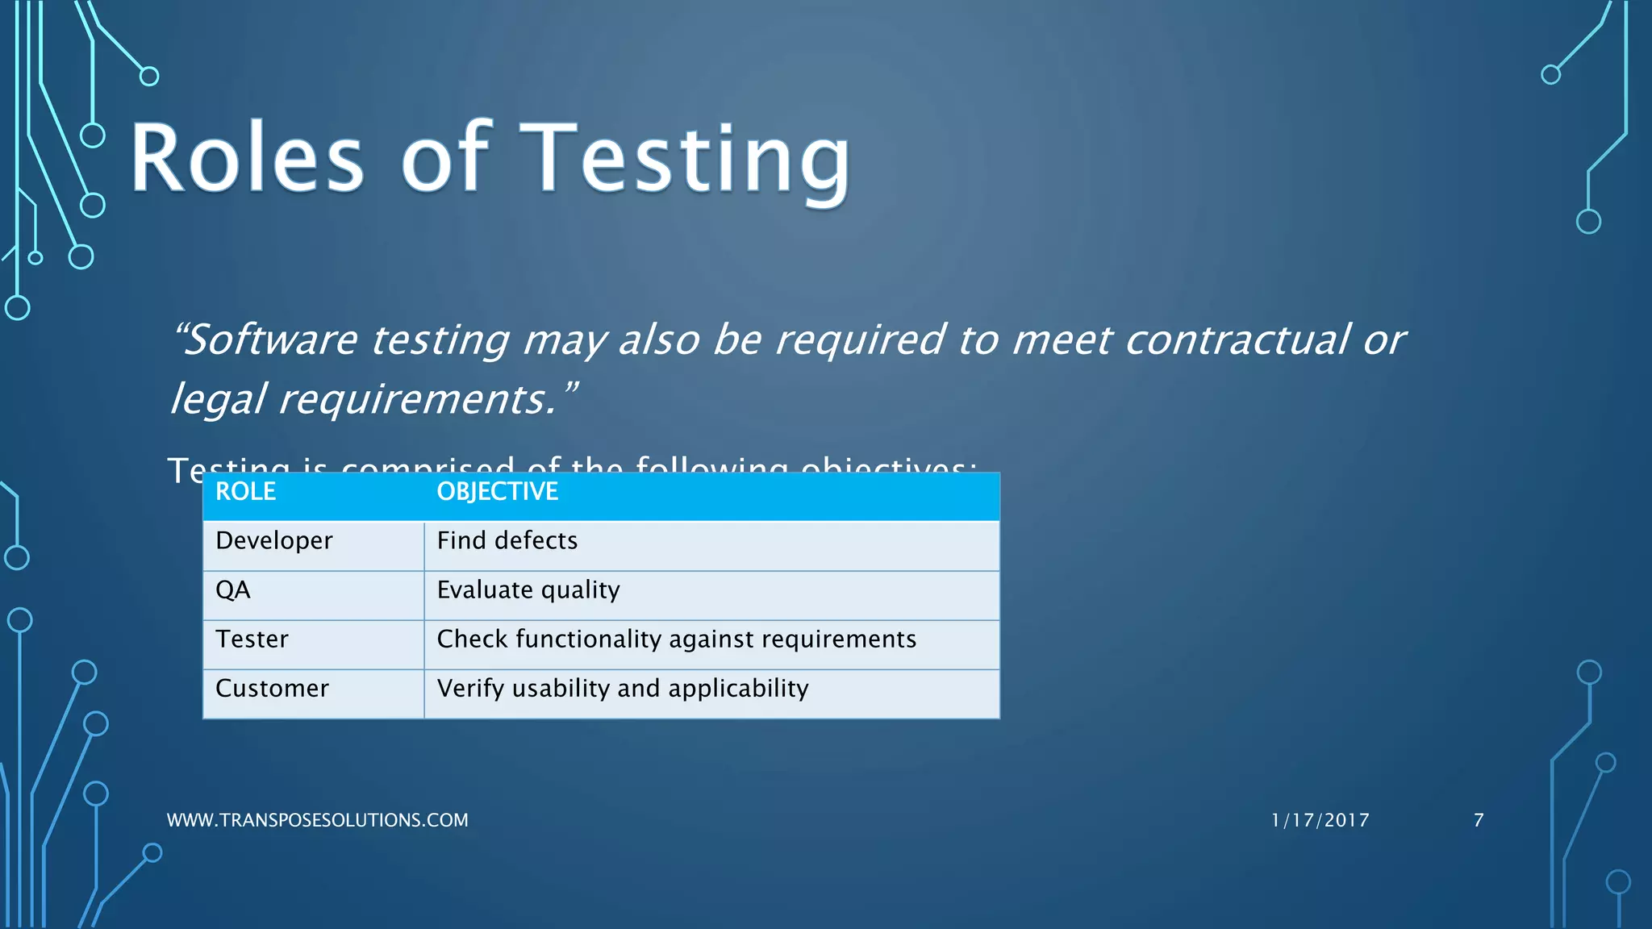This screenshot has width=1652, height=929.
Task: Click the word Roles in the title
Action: [247, 157]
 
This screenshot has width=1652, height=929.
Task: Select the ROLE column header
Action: [245, 492]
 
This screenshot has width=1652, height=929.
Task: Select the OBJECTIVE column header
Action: [497, 492]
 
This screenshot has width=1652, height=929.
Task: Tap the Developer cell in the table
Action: [273, 541]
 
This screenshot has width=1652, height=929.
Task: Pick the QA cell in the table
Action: [233, 590]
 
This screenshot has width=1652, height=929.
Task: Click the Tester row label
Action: [252, 639]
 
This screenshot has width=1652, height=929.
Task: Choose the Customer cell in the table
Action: [272, 689]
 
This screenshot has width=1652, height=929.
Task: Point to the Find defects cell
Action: [507, 541]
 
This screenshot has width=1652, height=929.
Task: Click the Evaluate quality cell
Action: [528, 590]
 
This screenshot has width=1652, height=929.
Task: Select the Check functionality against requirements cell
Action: [676, 639]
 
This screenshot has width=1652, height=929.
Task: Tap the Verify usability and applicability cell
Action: [622, 689]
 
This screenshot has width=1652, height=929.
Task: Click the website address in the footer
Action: [317, 820]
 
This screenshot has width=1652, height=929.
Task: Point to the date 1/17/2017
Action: [1320, 820]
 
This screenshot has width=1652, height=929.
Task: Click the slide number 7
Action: [1478, 820]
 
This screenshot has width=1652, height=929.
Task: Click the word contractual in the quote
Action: [1236, 340]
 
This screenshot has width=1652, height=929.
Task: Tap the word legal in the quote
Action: [217, 399]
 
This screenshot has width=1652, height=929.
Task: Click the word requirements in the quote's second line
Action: [416, 399]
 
